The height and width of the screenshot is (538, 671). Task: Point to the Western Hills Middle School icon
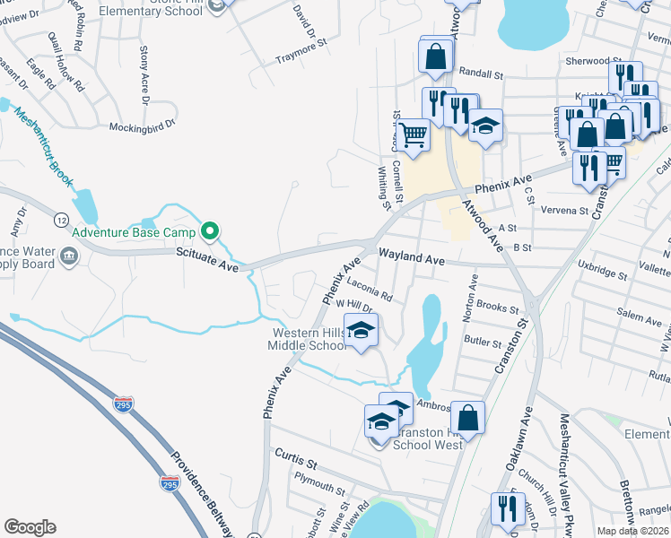[361, 331]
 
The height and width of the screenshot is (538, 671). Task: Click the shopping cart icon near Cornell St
[414, 134]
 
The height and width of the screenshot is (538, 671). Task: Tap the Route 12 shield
[61, 220]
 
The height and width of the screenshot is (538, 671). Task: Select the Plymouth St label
[310, 487]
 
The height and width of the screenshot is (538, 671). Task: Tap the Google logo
[30, 527]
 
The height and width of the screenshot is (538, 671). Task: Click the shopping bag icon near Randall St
[436, 56]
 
